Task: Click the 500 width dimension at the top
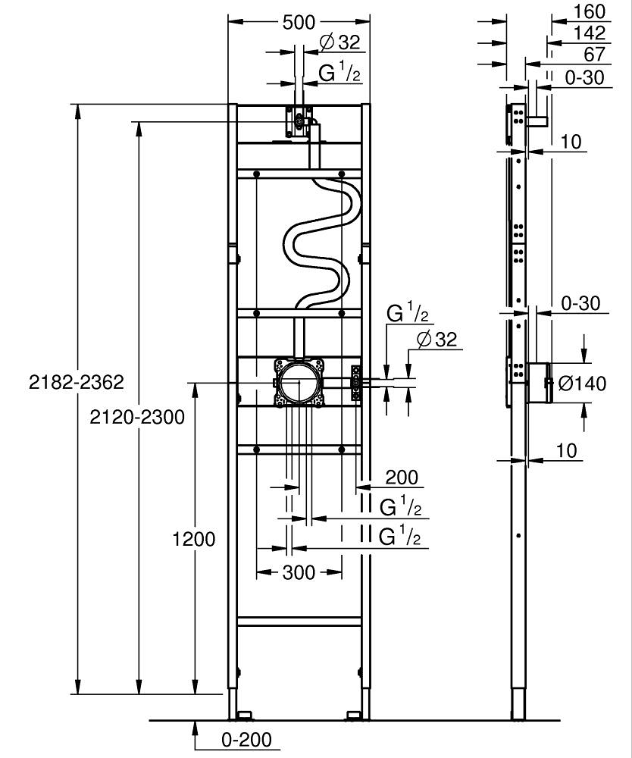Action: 299,22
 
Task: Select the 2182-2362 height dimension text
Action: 77,382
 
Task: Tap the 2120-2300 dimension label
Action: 137,417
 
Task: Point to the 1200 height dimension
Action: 194,539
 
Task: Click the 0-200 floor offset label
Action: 246,740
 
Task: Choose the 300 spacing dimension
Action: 299,573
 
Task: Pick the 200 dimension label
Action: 402,478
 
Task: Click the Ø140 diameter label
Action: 582,384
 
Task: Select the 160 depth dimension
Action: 589,11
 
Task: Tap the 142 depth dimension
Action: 590,33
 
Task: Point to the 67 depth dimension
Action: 594,54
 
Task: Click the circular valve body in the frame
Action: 299,382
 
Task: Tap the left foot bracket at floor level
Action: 244,715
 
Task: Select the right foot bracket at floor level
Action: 354,715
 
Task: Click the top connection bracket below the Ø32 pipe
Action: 299,121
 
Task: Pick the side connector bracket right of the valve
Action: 356,383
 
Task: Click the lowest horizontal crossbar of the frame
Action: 299,622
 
